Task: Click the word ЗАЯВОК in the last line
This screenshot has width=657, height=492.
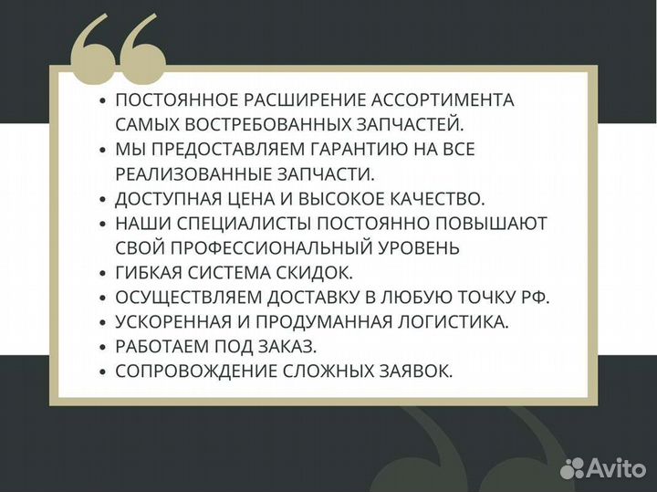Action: (419, 372)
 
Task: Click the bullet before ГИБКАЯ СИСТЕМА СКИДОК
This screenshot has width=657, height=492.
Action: (103, 273)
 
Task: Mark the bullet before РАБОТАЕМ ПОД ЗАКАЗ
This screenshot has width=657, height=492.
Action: (103, 347)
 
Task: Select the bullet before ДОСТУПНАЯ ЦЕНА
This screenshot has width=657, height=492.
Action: (103, 199)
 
